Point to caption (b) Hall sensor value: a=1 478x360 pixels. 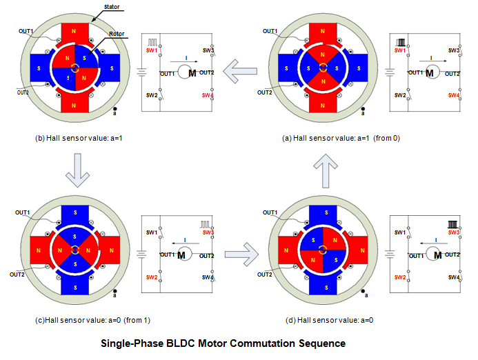click(79, 138)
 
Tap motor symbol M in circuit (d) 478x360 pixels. click(437, 255)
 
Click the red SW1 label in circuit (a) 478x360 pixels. click(399, 50)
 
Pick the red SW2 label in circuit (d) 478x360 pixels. click(399, 277)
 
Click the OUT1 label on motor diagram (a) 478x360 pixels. click(270, 30)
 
